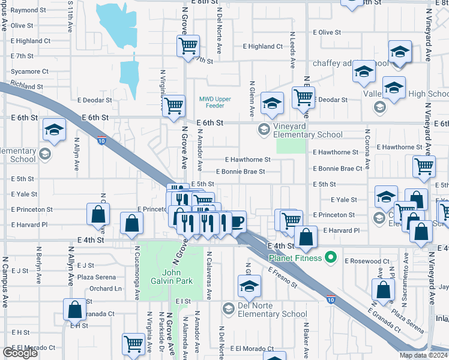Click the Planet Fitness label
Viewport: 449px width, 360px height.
pos(295,259)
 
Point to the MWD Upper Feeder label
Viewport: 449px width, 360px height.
pos(215,102)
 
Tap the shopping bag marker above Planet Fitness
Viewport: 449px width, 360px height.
pos(306,238)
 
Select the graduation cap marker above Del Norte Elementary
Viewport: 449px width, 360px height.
pos(249,286)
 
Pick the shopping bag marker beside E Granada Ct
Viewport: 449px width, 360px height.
pos(75,310)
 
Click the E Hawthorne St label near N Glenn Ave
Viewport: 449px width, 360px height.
pos(247,160)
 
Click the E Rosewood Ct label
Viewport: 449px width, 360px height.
pos(367,261)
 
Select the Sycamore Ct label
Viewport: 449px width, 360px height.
pos(29,71)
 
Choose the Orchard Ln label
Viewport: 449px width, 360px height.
pos(106,289)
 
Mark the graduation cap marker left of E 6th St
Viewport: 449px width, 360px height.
pos(54,130)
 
